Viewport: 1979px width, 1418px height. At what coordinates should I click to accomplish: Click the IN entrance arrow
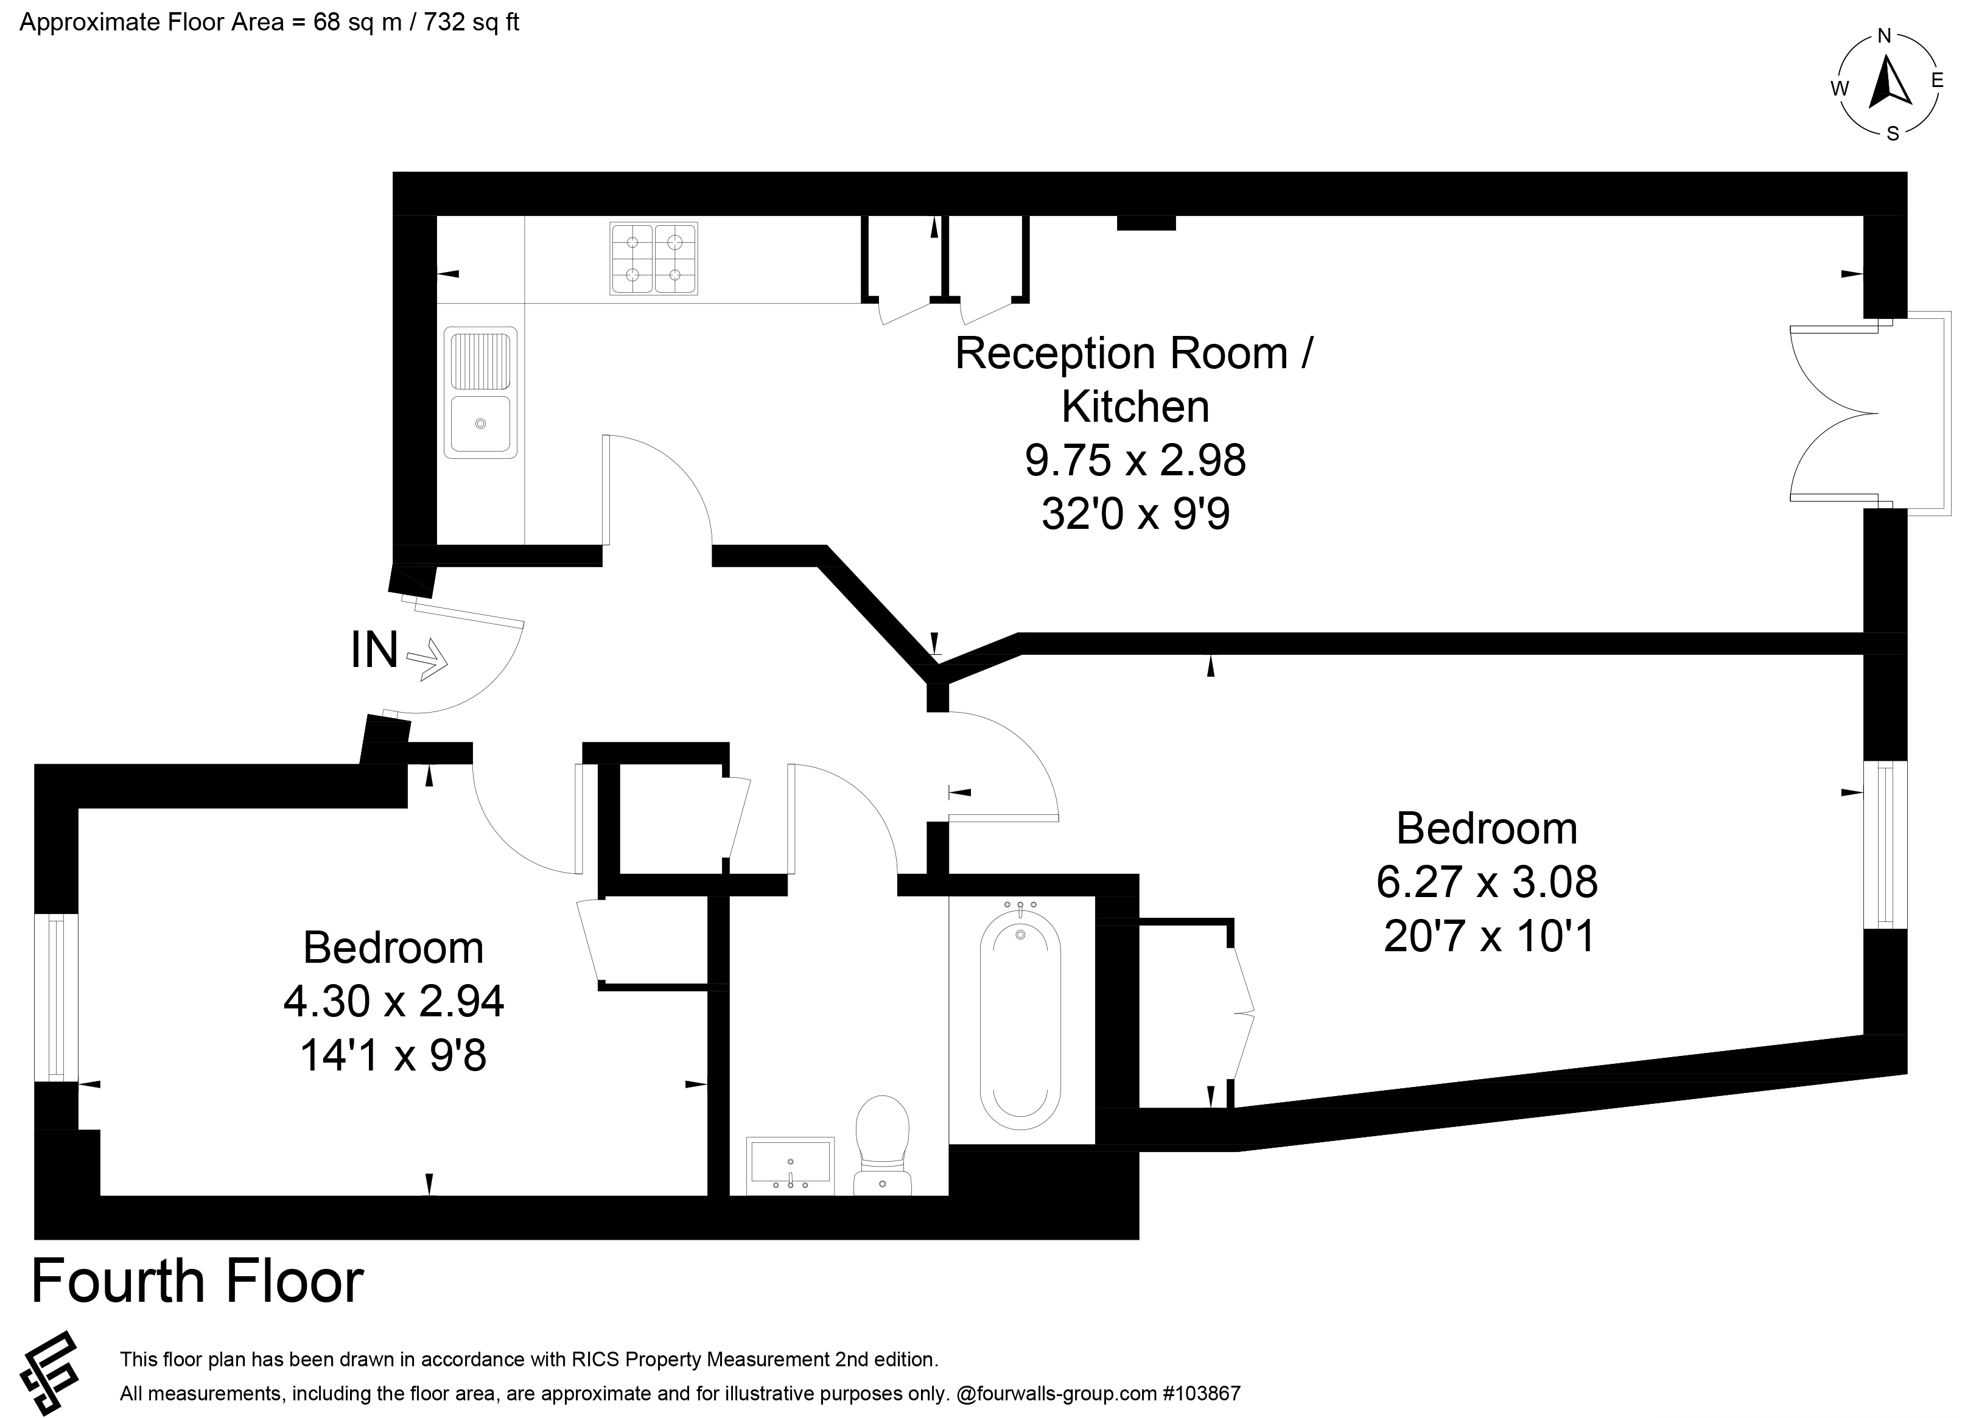[x=427, y=659]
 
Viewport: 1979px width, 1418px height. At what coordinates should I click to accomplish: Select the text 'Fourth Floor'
[x=197, y=1281]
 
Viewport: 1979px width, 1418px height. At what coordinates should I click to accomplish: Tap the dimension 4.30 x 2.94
[x=393, y=1001]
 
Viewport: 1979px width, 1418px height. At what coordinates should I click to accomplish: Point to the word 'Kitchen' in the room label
[x=1135, y=407]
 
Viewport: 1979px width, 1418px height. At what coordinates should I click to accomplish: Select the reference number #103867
[x=1202, y=1394]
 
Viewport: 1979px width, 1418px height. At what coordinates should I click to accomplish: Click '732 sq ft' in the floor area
[x=471, y=23]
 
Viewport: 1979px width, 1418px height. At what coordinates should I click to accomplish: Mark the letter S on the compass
[x=1893, y=133]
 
